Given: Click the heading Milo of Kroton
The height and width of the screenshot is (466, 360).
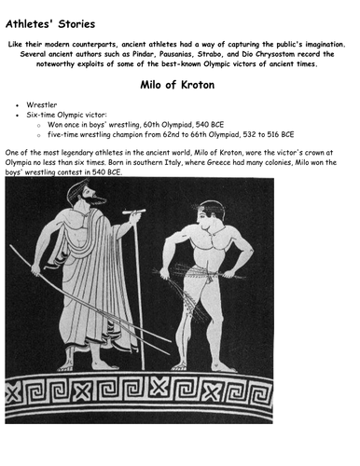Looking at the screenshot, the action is click(179, 86).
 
